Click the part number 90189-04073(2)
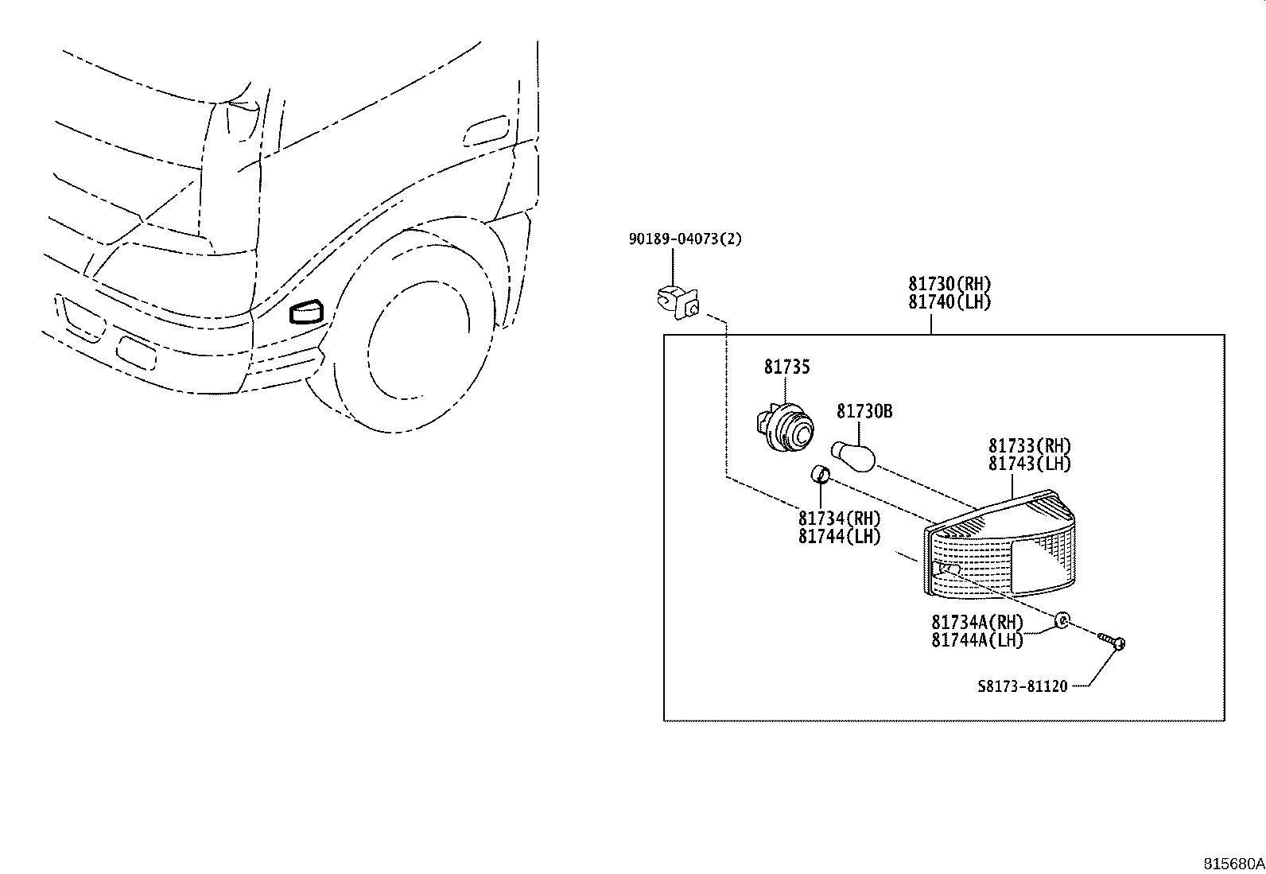(685, 239)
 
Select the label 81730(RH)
(950, 285)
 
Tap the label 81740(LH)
(950, 302)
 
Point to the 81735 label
(787, 367)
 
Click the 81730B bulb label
(864, 411)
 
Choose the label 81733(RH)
(1030, 446)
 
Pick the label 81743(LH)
(1030, 464)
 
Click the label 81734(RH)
(840, 519)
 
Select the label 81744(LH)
(840, 537)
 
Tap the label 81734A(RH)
(977, 622)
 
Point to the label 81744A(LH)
(977, 639)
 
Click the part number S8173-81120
(1023, 686)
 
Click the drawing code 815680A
(1233, 864)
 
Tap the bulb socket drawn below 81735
(786, 429)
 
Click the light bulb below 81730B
(854, 455)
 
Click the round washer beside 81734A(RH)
(1062, 620)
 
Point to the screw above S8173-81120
(1113, 640)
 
